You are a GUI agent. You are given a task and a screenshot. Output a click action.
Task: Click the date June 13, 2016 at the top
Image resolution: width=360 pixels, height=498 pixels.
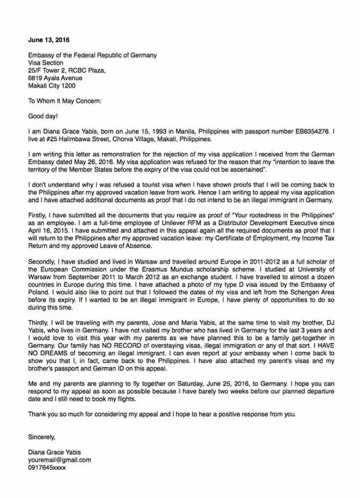click(x=49, y=40)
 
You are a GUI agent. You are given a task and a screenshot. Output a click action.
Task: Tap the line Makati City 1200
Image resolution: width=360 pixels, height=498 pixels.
click(x=52, y=85)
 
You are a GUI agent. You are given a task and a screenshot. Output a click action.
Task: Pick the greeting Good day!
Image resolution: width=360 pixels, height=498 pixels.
click(x=43, y=116)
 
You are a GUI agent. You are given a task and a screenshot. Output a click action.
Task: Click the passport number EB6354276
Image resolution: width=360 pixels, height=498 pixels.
click(x=313, y=131)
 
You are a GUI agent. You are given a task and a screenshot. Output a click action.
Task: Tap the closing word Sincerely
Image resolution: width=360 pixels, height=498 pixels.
click(x=42, y=437)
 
